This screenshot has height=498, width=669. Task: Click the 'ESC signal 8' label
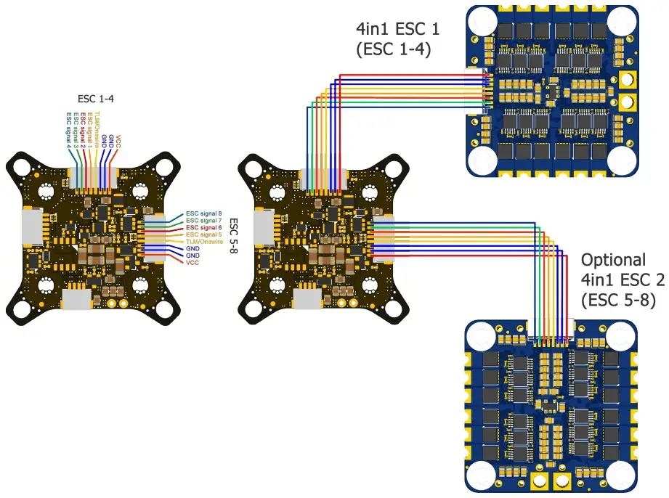204,213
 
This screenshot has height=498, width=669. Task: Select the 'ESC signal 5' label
204,234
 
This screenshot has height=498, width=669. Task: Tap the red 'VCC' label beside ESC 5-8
193,263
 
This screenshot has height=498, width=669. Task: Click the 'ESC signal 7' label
204,220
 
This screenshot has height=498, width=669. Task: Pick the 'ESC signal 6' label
204,227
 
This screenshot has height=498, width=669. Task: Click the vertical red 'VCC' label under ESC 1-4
118,141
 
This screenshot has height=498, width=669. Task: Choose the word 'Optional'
613,260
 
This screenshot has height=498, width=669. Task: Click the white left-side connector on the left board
31,225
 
